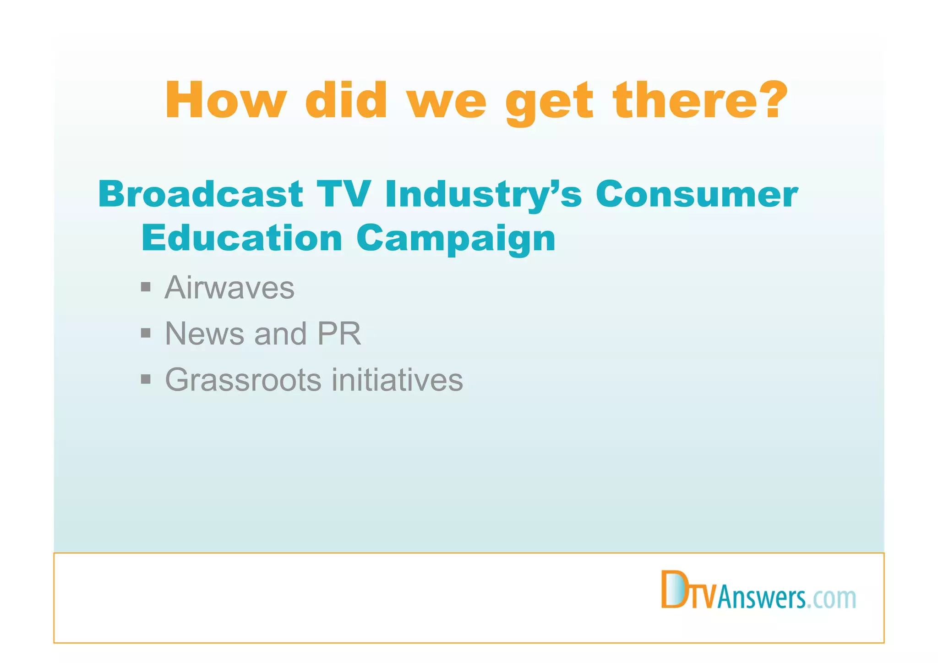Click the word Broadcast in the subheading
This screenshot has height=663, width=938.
click(200, 194)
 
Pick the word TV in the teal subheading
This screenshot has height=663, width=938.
click(343, 194)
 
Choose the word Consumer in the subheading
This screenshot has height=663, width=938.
click(697, 194)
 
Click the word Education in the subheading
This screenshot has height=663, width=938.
click(242, 238)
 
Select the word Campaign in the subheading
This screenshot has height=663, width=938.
click(456, 239)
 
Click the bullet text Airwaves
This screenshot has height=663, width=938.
click(229, 288)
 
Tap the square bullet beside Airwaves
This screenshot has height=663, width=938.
click(146, 287)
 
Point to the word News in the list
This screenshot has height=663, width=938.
click(204, 334)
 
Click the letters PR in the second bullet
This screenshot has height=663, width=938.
click(339, 334)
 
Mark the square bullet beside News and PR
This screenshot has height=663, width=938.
click(146, 333)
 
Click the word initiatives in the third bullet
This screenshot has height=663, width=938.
click(397, 380)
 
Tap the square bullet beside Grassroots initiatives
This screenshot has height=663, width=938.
click(146, 379)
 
